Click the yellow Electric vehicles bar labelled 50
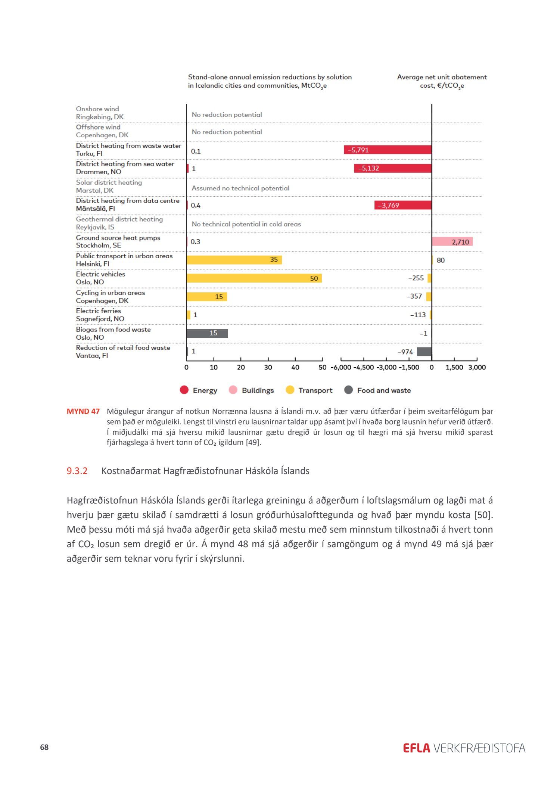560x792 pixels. (254, 278)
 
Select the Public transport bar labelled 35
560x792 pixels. (234, 260)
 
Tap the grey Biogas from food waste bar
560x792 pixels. (207, 333)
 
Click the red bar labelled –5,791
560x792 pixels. (388, 150)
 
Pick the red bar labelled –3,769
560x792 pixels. (403, 205)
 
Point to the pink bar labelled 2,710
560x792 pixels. (452, 242)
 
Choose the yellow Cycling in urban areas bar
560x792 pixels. (207, 297)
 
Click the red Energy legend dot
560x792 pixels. (184, 390)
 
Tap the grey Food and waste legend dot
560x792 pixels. (348, 390)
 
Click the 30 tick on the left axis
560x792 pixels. (268, 368)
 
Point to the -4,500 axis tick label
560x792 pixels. (363, 368)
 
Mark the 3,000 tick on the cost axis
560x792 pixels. (477, 368)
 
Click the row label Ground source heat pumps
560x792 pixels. (118, 238)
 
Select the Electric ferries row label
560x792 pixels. (99, 311)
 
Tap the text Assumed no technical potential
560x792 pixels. (240, 188)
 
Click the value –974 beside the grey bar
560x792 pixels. (405, 352)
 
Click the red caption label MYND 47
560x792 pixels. (83, 411)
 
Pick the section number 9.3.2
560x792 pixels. (77, 471)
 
